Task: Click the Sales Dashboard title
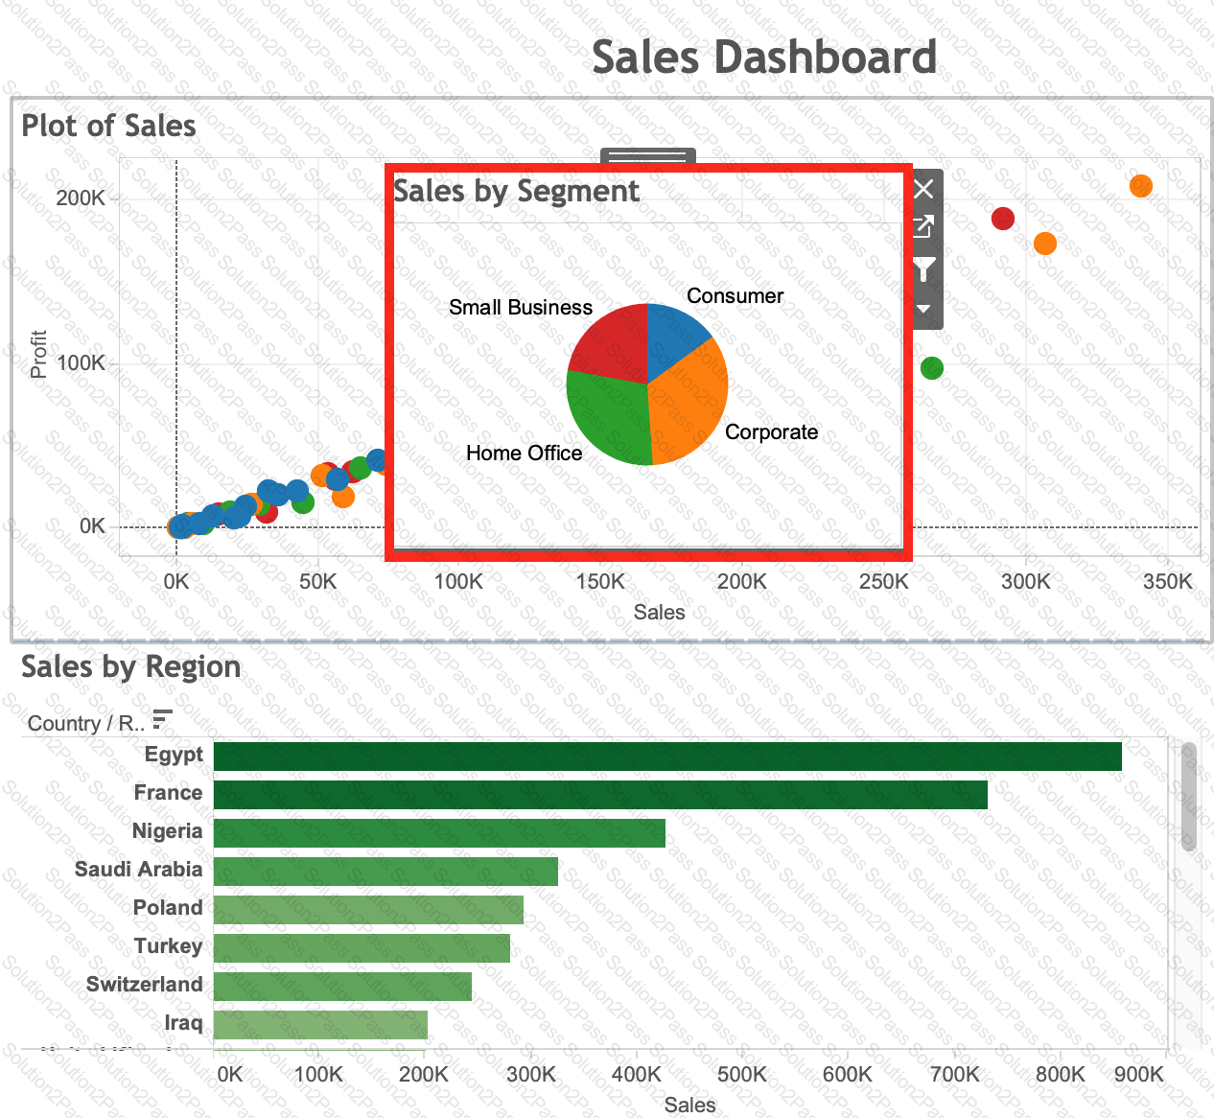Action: click(763, 58)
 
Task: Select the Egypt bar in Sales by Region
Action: click(666, 757)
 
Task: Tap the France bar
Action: click(599, 795)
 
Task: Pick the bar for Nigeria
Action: click(438, 833)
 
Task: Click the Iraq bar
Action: click(319, 1025)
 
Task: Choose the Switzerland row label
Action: click(145, 985)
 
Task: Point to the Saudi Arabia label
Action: click(139, 870)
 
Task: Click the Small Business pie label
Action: click(521, 308)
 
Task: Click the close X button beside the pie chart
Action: click(923, 189)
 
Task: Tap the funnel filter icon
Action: click(923, 269)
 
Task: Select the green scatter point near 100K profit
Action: click(931, 368)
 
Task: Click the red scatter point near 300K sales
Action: click(1002, 219)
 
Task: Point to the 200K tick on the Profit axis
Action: click(81, 198)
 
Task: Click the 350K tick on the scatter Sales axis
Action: click(1168, 582)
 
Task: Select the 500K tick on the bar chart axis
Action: click(741, 1074)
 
